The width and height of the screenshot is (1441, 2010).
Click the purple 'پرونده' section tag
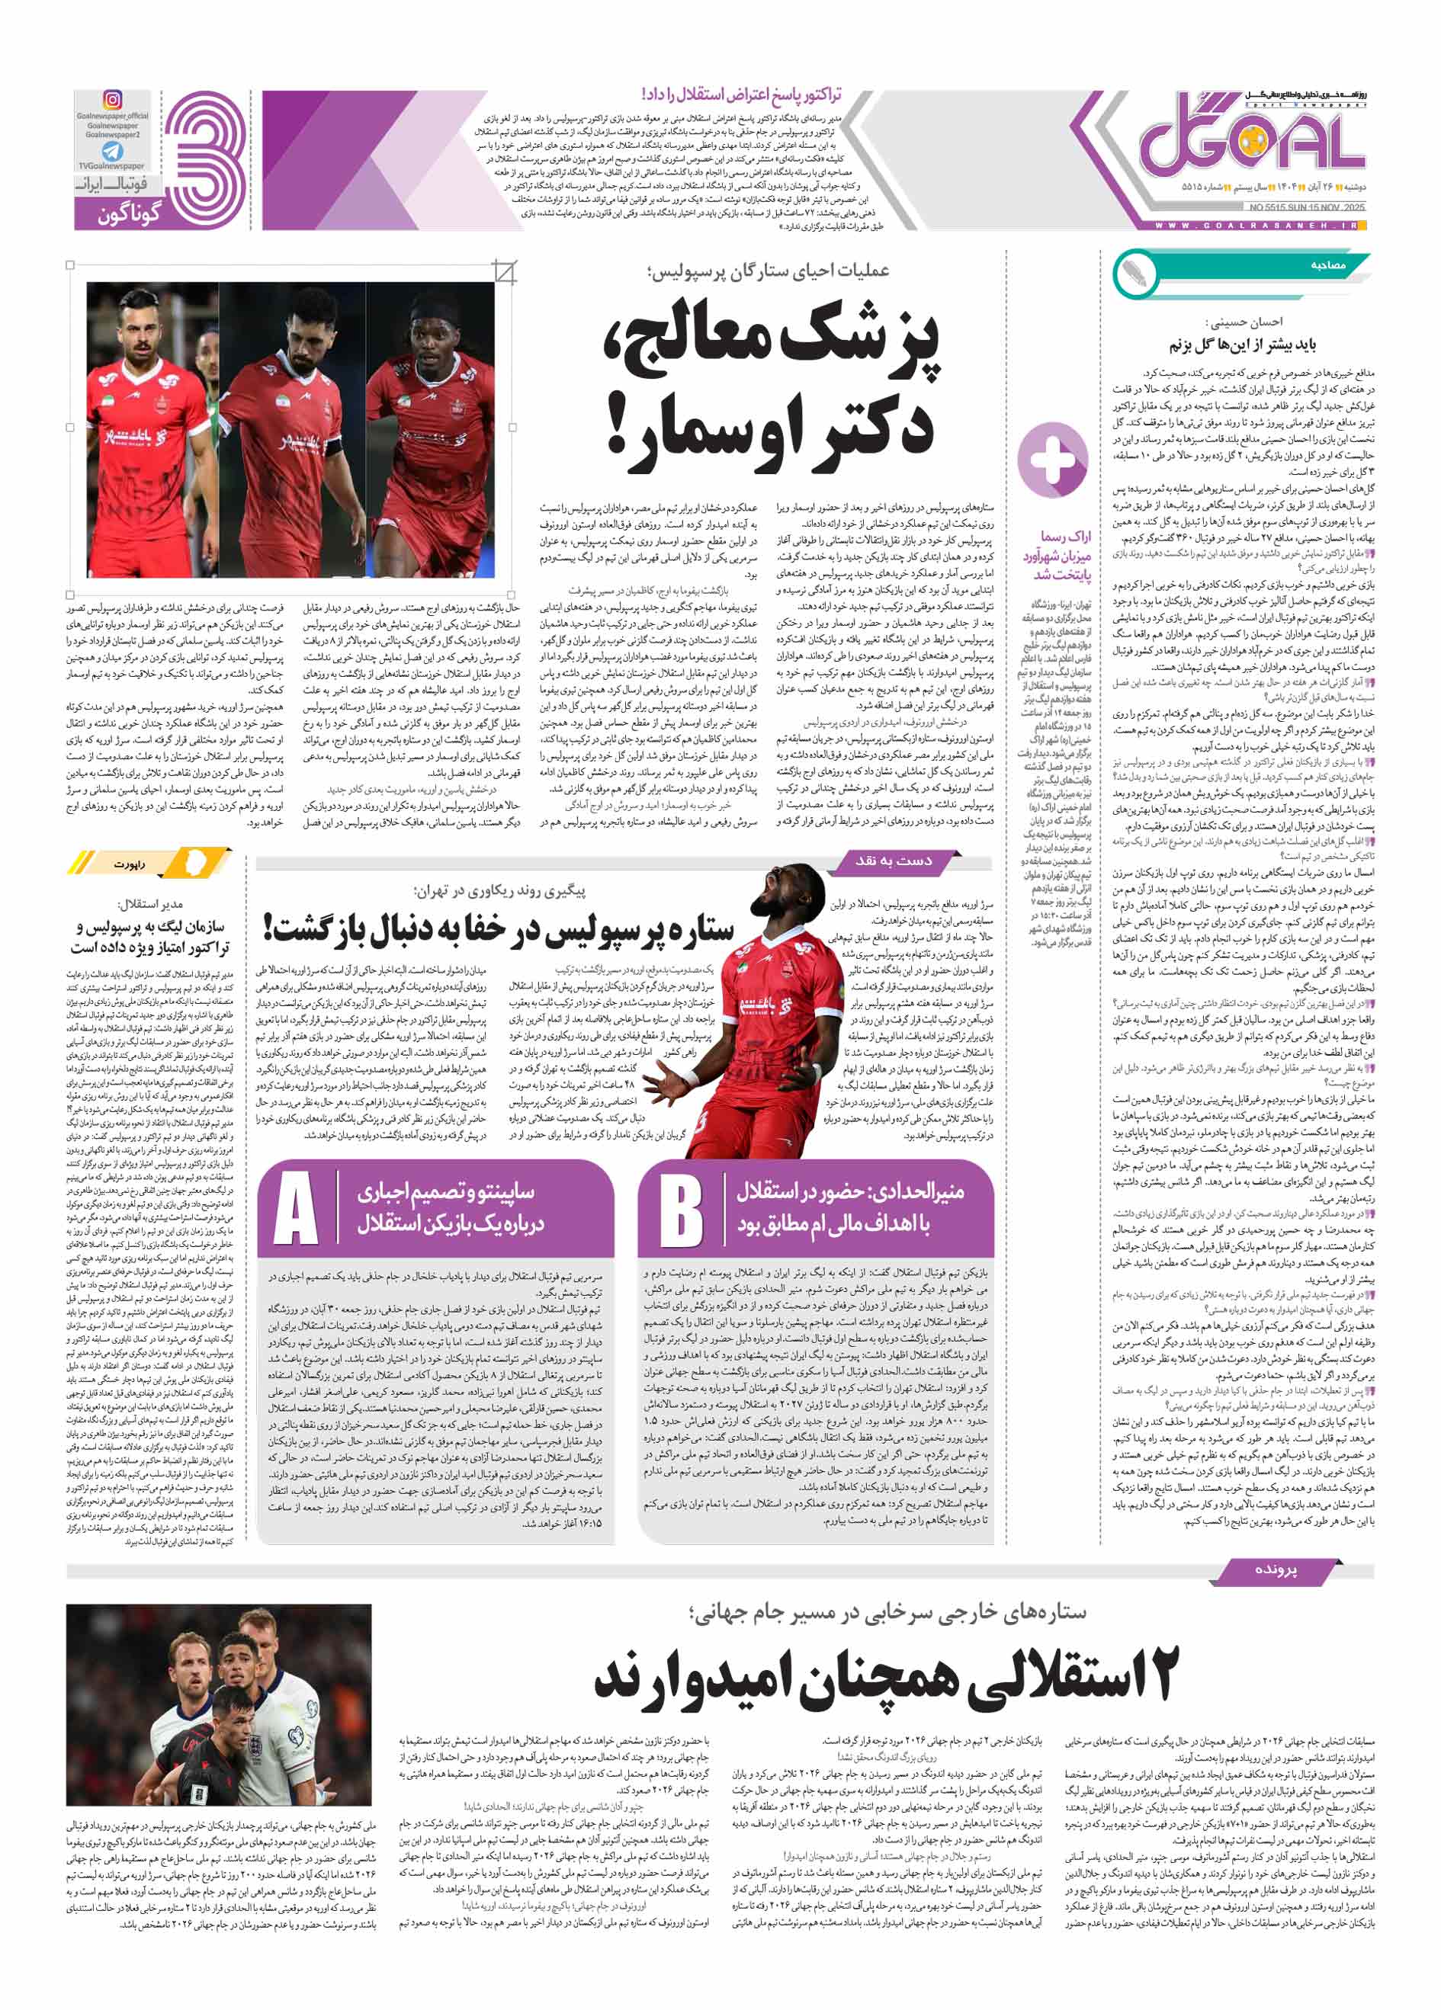pyautogui.click(x=1274, y=1569)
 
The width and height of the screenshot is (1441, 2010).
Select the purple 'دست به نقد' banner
pyautogui.click(x=892, y=861)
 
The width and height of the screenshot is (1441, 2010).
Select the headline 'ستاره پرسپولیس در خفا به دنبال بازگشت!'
pyautogui.click(x=498, y=928)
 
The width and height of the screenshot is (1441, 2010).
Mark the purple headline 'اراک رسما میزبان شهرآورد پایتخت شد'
pyautogui.click(x=1057, y=556)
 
